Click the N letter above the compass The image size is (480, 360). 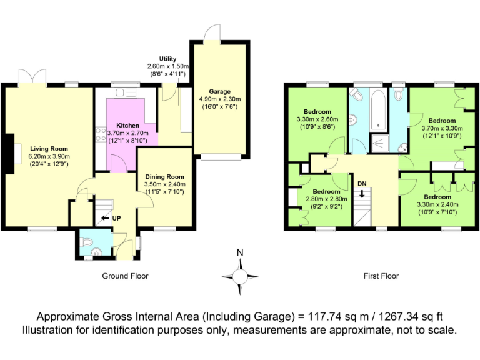240,253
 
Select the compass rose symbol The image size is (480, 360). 240,275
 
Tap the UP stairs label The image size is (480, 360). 116,219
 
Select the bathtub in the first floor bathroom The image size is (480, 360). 379,110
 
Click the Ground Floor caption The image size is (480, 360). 125,276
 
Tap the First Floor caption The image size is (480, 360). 381,276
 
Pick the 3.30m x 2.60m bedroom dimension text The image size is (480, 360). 317,119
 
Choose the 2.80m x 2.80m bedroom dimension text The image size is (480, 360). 322,199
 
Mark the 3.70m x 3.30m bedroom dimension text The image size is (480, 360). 442,128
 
